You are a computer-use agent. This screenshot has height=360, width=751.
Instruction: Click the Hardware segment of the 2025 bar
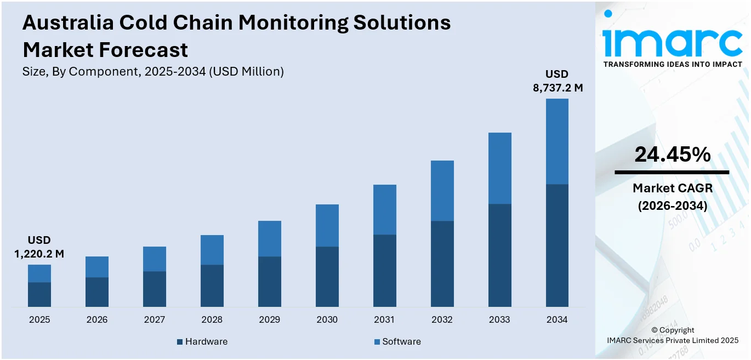[39, 294]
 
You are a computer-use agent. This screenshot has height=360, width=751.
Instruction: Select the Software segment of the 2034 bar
[557, 141]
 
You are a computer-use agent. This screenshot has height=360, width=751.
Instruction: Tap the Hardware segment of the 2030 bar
[327, 276]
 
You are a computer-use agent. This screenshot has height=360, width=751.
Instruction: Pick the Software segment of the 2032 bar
[442, 191]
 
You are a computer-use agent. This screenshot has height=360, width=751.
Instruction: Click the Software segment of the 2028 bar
[212, 250]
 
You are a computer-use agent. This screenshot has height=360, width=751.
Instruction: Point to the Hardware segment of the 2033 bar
[500, 255]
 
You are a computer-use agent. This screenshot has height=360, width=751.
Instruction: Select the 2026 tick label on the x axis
[97, 319]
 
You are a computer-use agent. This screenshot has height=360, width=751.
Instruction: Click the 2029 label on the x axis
[270, 319]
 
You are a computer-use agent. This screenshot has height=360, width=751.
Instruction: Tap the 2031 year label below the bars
[385, 319]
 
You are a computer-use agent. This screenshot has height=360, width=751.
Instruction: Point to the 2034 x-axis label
[557, 319]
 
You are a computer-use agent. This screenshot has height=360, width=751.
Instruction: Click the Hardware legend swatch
[180, 342]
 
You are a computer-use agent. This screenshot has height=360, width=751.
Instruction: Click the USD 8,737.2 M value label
[557, 81]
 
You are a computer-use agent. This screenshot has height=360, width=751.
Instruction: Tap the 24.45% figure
[672, 155]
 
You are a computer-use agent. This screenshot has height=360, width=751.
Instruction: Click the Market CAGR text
[672, 188]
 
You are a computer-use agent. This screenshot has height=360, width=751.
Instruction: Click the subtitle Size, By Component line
[153, 71]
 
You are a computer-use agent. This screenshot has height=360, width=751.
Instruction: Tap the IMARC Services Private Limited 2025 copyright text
[673, 340]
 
